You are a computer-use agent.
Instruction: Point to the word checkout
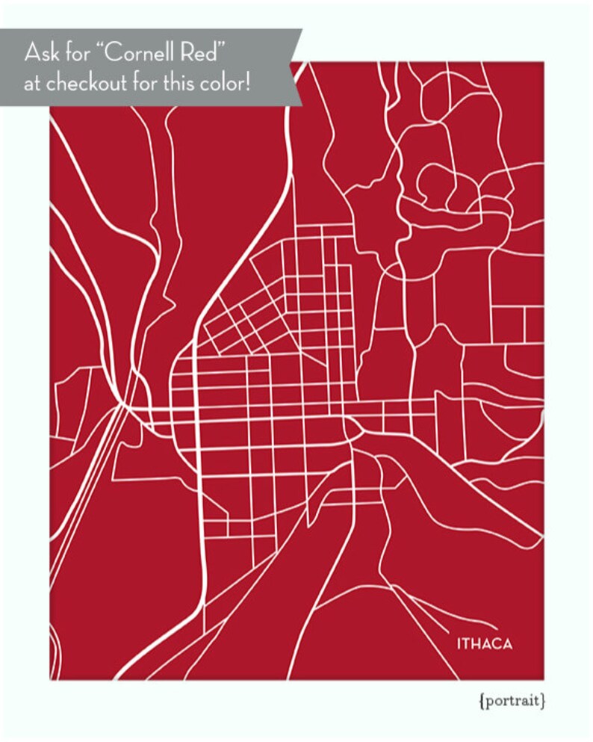pos(85,83)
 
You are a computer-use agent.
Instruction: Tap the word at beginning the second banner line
pos(32,84)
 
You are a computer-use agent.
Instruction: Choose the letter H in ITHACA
pos(477,644)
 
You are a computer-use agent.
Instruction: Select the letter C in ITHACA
pos(498,644)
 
